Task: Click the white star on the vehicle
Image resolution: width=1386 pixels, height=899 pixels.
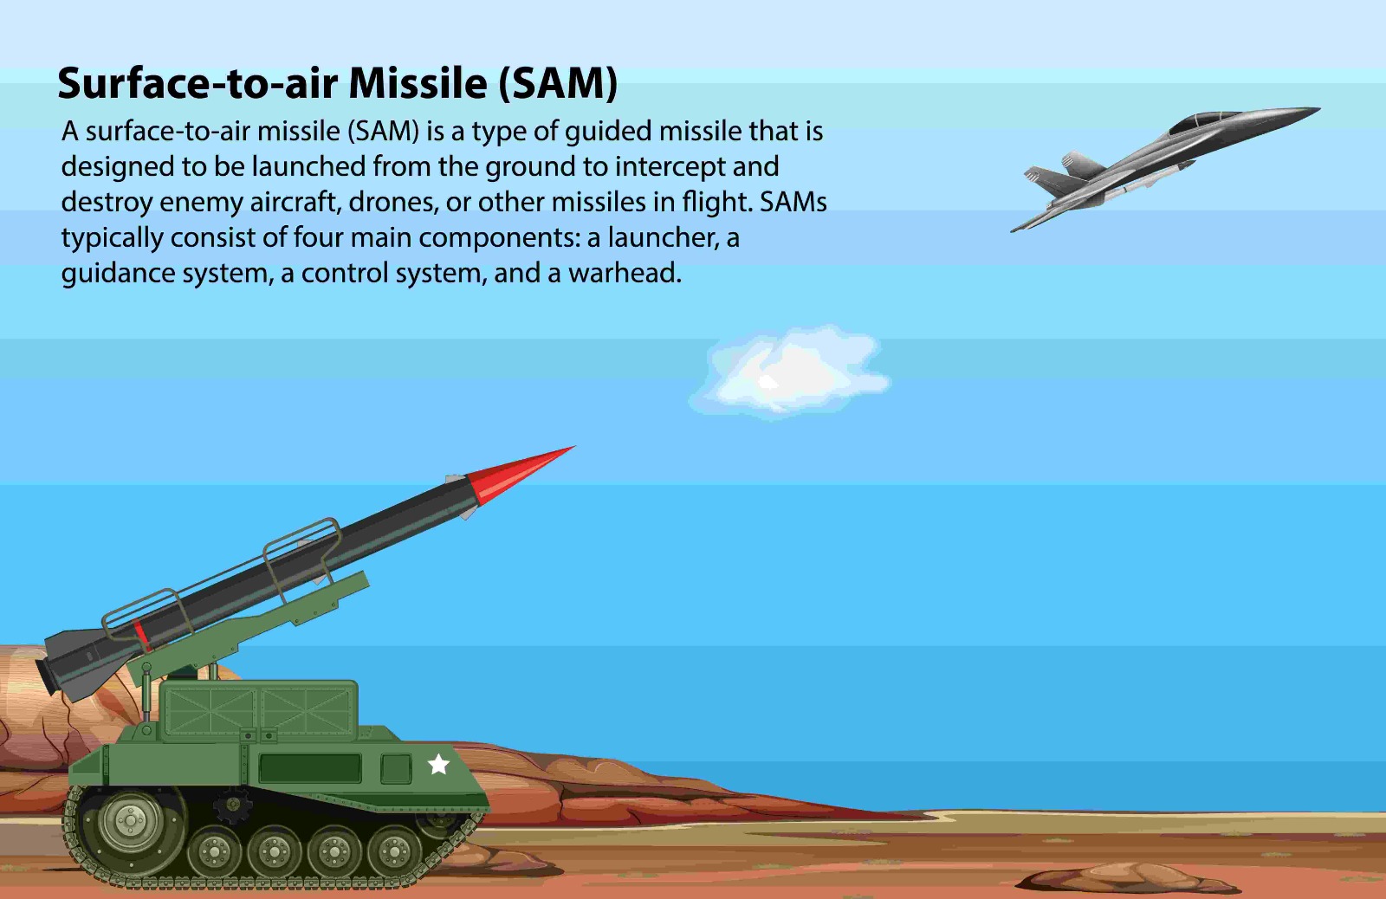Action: [x=438, y=764]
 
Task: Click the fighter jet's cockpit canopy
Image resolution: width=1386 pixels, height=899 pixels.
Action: [x=1203, y=120]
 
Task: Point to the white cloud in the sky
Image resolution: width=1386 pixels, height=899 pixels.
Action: [x=789, y=373]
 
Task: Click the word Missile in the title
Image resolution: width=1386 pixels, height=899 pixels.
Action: [x=418, y=83]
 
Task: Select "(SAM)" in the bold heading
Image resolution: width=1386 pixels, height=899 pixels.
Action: [x=558, y=83]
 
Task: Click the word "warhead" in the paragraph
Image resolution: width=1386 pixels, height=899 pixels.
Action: [x=625, y=272]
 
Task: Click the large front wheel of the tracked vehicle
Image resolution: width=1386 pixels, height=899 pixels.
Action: [x=131, y=821]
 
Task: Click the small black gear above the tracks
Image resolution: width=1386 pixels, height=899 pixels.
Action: [x=232, y=805]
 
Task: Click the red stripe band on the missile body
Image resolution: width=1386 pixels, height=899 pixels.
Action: [x=142, y=634]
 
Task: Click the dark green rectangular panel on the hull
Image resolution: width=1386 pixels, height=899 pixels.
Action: [x=310, y=768]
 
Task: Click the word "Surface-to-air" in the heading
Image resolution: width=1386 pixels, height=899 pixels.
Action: [x=198, y=83]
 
